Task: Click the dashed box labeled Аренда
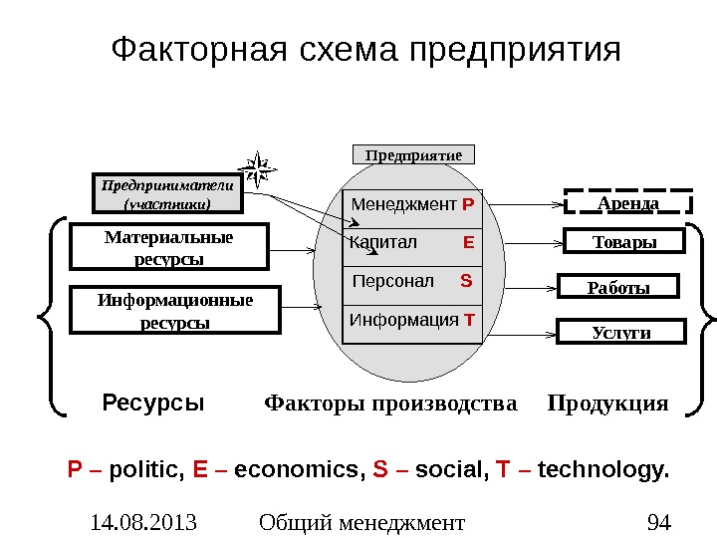(628, 202)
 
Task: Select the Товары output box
(624, 242)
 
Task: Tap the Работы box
(617, 287)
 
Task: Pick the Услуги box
(620, 332)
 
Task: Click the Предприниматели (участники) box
(167, 194)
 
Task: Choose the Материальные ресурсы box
(168, 247)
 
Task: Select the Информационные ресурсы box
(175, 311)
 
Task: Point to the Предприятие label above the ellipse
(414, 154)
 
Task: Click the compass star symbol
(260, 169)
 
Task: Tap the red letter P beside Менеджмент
(468, 205)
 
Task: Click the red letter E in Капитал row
(468, 242)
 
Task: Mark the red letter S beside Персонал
(466, 281)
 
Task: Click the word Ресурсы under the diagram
(153, 403)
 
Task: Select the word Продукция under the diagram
(607, 403)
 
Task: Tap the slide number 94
(658, 521)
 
